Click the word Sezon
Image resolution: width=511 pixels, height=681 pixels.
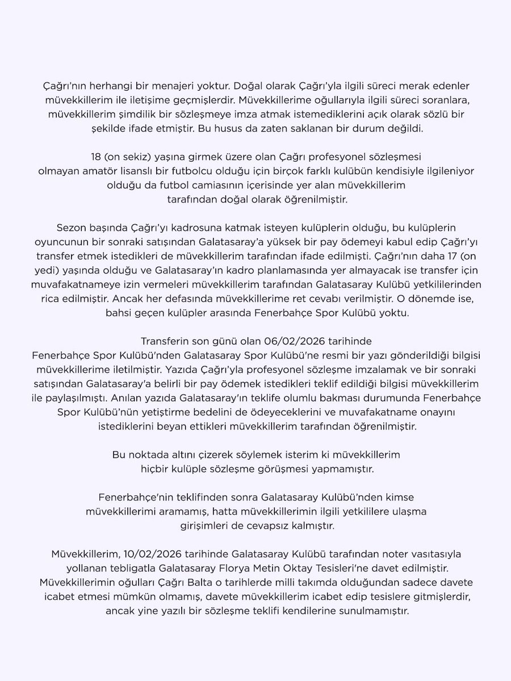click(x=71, y=228)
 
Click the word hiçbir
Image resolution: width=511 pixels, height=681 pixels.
click(x=156, y=468)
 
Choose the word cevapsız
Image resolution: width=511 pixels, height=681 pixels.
click(x=255, y=526)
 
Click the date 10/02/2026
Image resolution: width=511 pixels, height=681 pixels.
click(x=141, y=554)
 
